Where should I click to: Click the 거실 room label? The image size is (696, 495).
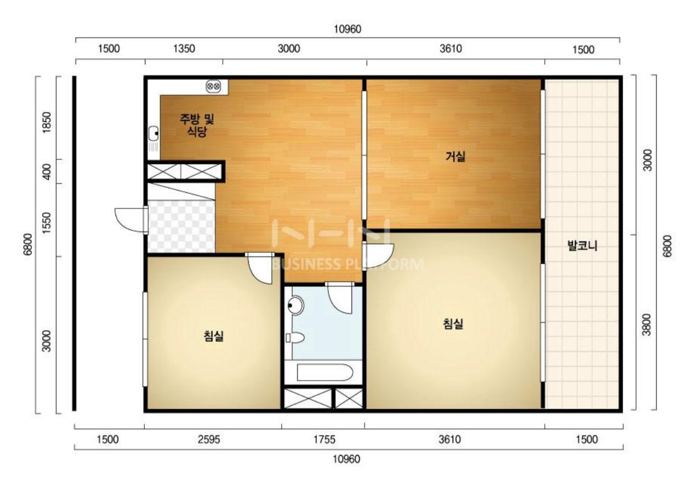tap(455, 157)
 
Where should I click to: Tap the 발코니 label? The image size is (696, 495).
tap(582, 245)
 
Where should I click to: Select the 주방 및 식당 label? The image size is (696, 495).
tap(197, 125)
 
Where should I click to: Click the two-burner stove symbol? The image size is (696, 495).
tap(214, 86)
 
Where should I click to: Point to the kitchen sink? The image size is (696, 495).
tap(154, 133)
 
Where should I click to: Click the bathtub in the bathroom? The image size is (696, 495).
tap(325, 373)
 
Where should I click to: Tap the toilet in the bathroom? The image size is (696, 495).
tap(295, 338)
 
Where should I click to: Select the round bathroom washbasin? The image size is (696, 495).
tap(295, 306)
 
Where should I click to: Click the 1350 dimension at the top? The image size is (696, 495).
tap(184, 49)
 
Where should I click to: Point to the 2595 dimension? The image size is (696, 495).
tap(209, 440)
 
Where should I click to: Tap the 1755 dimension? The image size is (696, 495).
tap(324, 440)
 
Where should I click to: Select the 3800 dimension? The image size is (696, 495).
tap(646, 324)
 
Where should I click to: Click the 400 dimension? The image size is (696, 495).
tap(46, 172)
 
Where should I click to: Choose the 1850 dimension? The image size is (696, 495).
tap(46, 122)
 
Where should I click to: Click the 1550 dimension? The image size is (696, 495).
tap(46, 224)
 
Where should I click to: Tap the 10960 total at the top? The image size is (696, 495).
tap(347, 29)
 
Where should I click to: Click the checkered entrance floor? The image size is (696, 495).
tap(181, 226)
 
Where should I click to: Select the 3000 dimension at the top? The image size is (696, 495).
tap(289, 49)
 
